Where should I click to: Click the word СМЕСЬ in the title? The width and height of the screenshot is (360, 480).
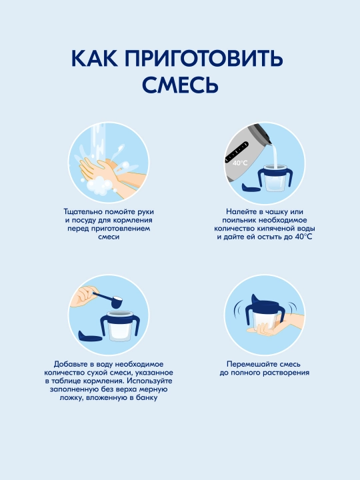(180, 84)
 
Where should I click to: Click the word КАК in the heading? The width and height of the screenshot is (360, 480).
(94, 58)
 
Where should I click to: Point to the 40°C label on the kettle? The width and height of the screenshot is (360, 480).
(240, 163)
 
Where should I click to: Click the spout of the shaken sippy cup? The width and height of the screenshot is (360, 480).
(255, 297)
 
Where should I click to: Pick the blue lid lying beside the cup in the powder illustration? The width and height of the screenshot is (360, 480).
(90, 336)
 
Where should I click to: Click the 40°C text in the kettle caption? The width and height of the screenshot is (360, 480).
(304, 237)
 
